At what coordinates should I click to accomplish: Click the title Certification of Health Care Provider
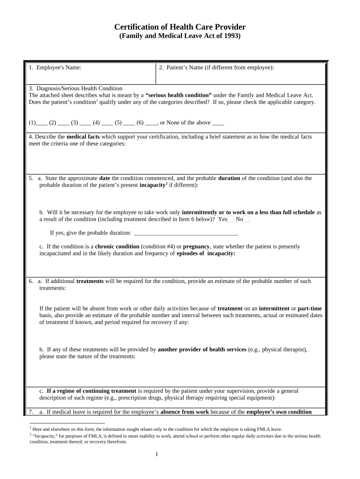click(x=180, y=27)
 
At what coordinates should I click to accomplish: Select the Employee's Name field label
click(x=55, y=68)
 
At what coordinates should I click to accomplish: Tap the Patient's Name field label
click(x=216, y=68)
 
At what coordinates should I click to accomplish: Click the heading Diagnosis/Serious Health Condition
click(x=75, y=88)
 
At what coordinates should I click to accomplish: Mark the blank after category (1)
click(x=42, y=123)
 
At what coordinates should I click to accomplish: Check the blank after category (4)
click(x=107, y=123)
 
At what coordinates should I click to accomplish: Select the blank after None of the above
click(x=218, y=123)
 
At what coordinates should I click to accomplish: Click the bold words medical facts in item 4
click(x=83, y=137)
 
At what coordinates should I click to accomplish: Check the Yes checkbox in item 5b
click(x=230, y=219)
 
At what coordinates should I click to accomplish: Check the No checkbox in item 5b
click(x=246, y=219)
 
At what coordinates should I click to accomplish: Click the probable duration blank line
click(x=186, y=233)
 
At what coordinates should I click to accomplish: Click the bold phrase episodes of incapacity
click(x=206, y=254)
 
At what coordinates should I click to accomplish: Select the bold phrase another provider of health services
click(x=202, y=349)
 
